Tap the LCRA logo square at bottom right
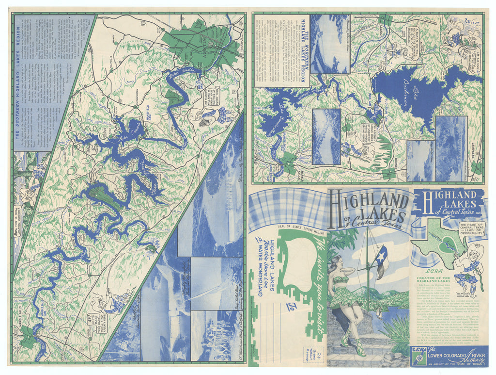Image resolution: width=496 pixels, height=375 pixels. [x=418, y=356]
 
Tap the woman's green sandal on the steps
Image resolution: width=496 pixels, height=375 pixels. [x=358, y=351]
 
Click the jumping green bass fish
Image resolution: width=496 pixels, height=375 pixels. [x=153, y=248]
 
